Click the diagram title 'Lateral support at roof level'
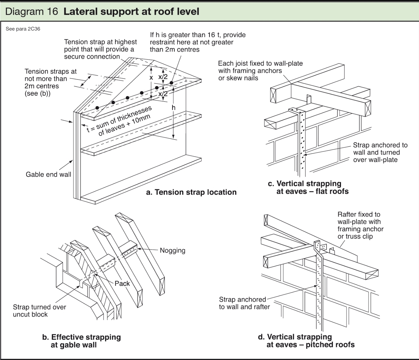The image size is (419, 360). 131,12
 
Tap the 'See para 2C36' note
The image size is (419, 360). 23,29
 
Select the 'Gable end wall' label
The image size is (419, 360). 48,174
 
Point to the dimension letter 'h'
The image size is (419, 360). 174,108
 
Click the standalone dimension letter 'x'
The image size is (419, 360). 151,78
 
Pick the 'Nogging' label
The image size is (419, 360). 172,250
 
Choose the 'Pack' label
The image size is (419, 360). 122,283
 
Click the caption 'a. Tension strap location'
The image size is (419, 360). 191,192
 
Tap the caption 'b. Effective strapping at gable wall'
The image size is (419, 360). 82,341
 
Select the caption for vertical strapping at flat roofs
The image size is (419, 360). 308,187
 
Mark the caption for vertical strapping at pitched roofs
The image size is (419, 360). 306,341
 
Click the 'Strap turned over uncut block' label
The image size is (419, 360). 40,311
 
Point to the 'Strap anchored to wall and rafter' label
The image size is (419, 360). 244,303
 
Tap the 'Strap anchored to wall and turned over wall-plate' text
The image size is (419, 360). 380,152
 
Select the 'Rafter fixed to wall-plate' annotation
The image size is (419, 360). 360,225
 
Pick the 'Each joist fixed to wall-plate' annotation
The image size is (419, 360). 260,71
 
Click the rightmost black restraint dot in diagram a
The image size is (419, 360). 172,83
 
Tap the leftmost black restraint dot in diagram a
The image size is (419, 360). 97,108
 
